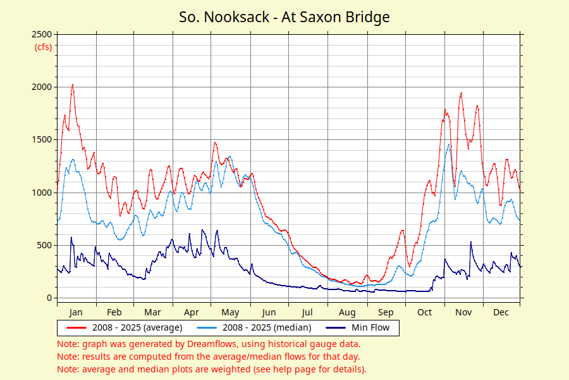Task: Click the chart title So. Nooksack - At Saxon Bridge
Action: (x=284, y=17)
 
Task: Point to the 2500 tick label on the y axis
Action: (x=42, y=34)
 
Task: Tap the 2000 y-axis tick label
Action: (x=42, y=87)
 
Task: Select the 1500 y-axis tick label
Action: (x=42, y=139)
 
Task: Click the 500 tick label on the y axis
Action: (x=44, y=245)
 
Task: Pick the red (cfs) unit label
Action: (x=43, y=47)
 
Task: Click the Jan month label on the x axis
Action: (x=76, y=312)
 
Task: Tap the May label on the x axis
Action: (x=230, y=312)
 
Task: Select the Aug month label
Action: (x=347, y=312)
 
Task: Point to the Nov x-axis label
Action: (x=464, y=312)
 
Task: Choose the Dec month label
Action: (x=501, y=312)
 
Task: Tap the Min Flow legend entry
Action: (x=370, y=327)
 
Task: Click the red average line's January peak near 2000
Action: (x=73, y=85)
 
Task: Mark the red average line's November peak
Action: (x=462, y=93)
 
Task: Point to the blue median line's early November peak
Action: (x=449, y=144)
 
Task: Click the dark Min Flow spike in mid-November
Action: (x=470, y=242)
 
